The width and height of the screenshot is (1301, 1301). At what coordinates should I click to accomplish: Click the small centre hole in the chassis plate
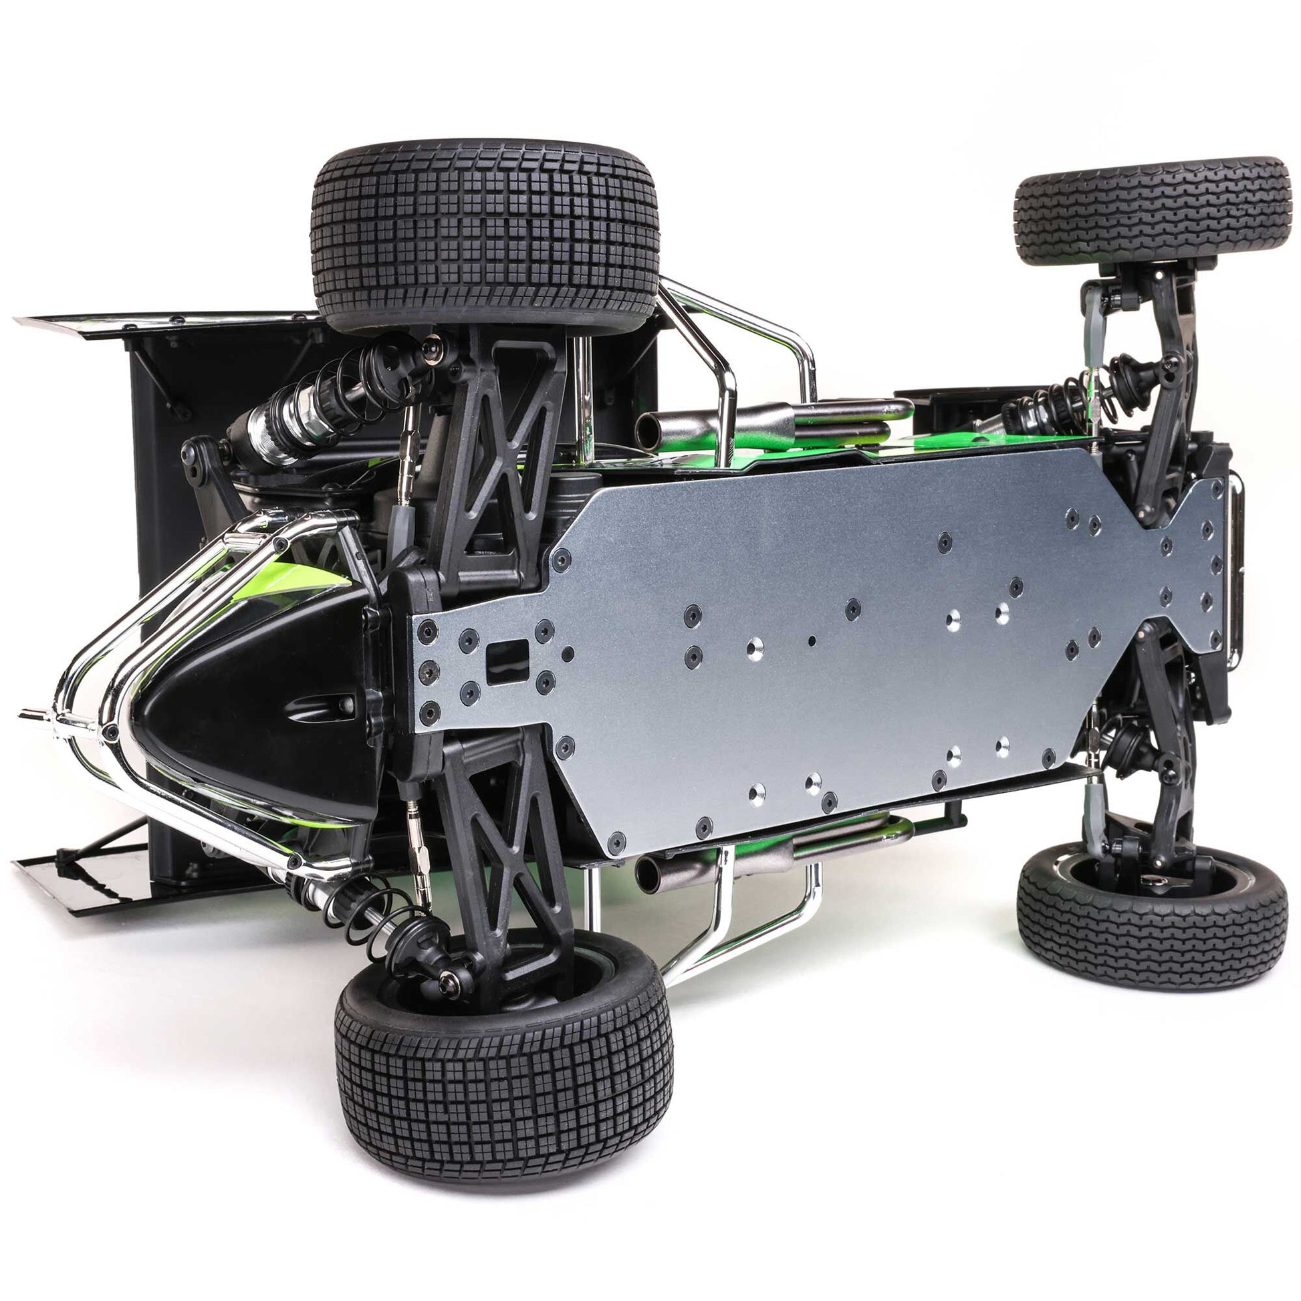pyautogui.click(x=812, y=641)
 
